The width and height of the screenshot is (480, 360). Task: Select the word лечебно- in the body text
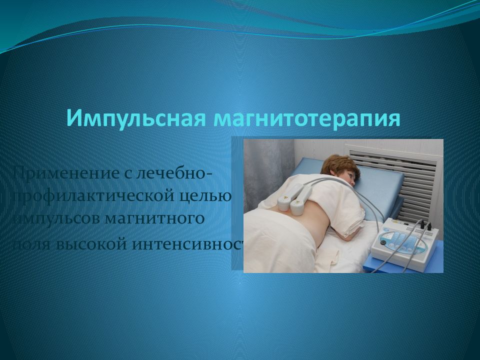(179, 174)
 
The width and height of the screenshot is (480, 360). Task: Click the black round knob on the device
(383, 242)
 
